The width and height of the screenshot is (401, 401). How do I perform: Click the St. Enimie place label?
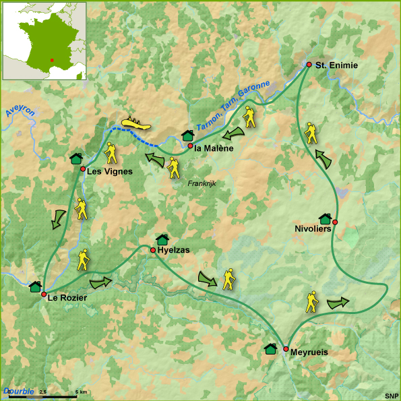click(336, 65)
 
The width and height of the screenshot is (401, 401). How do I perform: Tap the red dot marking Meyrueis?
click(286, 349)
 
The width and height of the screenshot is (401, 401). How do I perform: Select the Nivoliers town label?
click(313, 229)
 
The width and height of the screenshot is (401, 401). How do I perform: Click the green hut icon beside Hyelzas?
click(162, 239)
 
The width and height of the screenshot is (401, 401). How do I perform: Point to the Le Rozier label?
click(67, 298)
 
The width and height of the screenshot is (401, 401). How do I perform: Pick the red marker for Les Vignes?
click(83, 169)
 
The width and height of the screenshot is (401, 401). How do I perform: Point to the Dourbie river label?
click(17, 391)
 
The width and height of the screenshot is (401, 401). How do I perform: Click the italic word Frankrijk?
click(201, 183)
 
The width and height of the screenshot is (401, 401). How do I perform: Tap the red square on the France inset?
click(51, 59)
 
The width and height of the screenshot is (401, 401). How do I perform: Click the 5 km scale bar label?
click(81, 392)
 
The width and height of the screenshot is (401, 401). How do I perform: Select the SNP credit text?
click(391, 395)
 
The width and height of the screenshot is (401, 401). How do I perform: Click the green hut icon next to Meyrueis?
click(270, 348)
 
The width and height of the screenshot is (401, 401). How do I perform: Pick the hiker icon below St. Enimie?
click(310, 133)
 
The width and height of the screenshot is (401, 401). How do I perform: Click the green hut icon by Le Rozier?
click(35, 286)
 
